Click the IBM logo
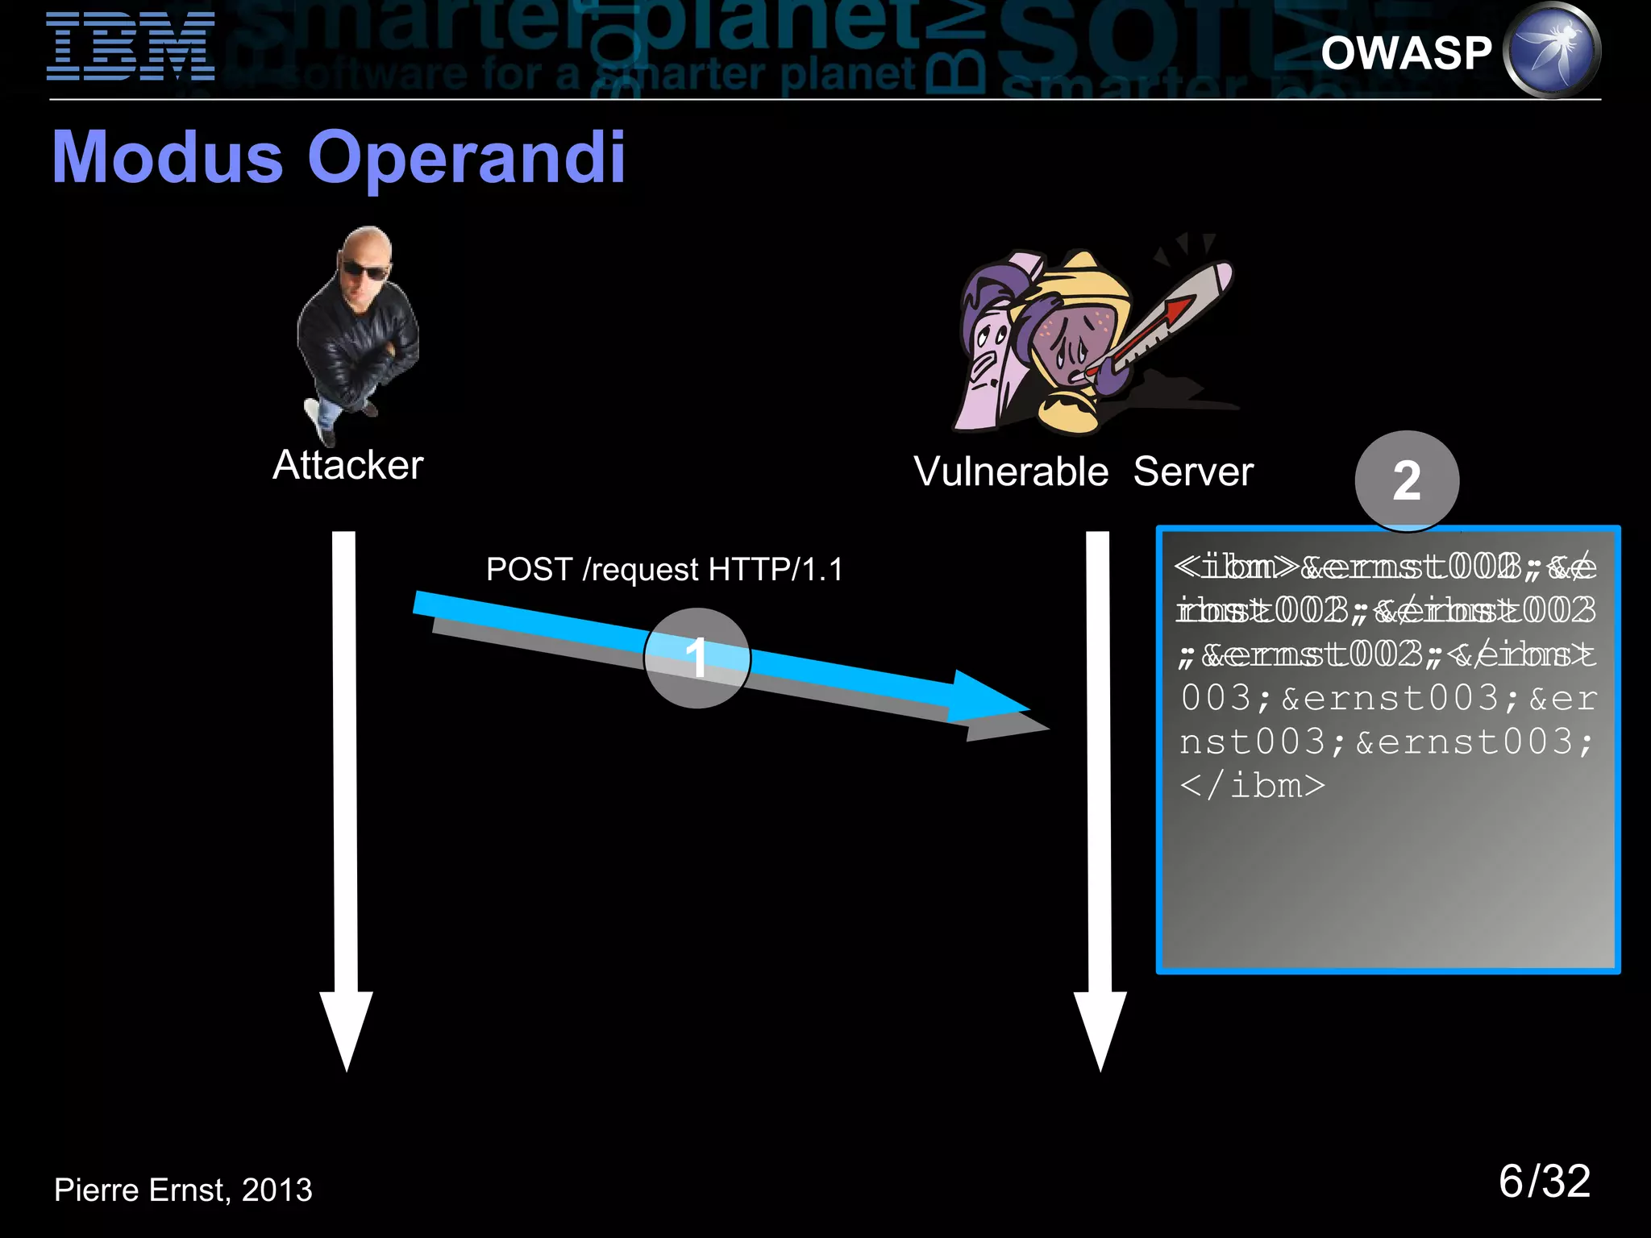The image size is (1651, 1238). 131,47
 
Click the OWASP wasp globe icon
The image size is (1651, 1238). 1553,50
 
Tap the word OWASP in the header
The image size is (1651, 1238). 1407,53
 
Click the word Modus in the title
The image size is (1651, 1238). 168,157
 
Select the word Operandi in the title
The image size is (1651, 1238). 466,157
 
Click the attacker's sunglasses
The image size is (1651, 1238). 364,270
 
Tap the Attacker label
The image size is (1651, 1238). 347,465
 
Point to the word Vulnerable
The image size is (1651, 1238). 1011,472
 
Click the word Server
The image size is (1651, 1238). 1193,472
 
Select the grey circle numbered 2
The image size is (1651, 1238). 1407,481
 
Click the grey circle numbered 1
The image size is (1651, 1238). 697,658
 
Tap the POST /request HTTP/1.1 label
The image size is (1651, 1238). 664,570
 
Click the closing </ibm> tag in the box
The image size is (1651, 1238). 1252,785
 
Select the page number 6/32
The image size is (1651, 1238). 1544,1182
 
